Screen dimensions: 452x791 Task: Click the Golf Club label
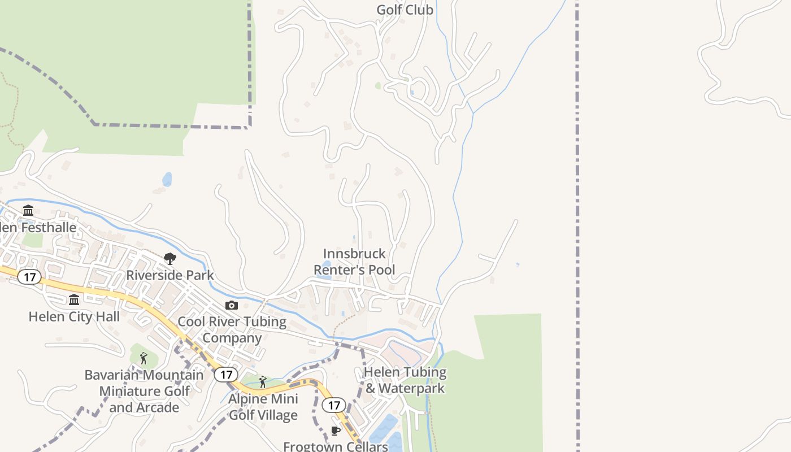(x=405, y=10)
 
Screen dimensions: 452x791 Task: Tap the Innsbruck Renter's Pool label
(x=354, y=262)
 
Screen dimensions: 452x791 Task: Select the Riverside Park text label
(x=169, y=275)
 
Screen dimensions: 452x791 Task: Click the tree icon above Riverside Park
(x=169, y=259)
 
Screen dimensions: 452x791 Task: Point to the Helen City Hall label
(x=74, y=316)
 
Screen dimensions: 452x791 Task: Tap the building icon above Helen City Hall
(x=74, y=300)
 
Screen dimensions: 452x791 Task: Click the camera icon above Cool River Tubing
(x=232, y=306)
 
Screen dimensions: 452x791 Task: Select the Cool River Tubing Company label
(x=232, y=329)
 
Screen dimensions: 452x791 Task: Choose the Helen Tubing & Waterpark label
(x=405, y=380)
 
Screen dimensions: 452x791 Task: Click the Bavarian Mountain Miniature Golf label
(x=144, y=391)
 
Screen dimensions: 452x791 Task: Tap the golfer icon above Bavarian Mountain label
(x=144, y=358)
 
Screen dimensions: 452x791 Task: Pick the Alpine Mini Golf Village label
(x=263, y=407)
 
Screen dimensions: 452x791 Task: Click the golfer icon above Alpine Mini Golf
(x=262, y=382)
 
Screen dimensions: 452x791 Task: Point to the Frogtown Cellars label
(x=336, y=446)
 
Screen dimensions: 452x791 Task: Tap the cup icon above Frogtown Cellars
(x=336, y=431)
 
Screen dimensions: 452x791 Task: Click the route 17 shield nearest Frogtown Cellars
(x=334, y=405)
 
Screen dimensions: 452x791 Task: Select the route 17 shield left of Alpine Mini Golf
(x=226, y=374)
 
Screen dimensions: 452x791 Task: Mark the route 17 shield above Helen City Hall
(x=29, y=277)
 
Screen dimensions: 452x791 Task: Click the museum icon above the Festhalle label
(x=28, y=211)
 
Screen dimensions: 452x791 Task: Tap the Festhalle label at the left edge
(x=38, y=228)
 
